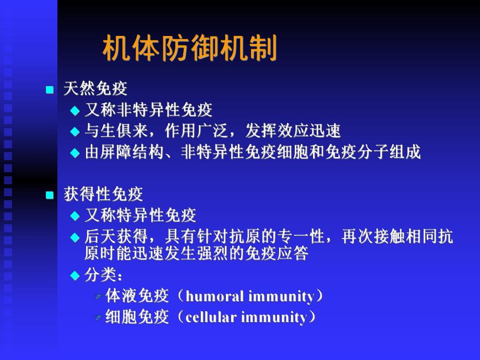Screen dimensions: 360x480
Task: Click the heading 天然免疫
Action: click(x=95, y=89)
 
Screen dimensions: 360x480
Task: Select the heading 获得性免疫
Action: click(x=103, y=195)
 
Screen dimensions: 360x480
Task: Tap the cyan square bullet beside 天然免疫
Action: click(x=50, y=90)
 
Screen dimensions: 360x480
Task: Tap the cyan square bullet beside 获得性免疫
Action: click(x=50, y=196)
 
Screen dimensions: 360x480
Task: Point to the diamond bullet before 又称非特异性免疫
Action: click(x=75, y=111)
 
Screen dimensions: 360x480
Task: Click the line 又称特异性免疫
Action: click(x=140, y=215)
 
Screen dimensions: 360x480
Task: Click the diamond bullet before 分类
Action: click(x=75, y=276)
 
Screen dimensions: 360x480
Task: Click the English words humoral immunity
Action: click(x=250, y=296)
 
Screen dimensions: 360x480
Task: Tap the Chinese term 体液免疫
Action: click(x=137, y=296)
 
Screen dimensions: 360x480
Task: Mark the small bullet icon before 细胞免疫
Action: click(x=98, y=318)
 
